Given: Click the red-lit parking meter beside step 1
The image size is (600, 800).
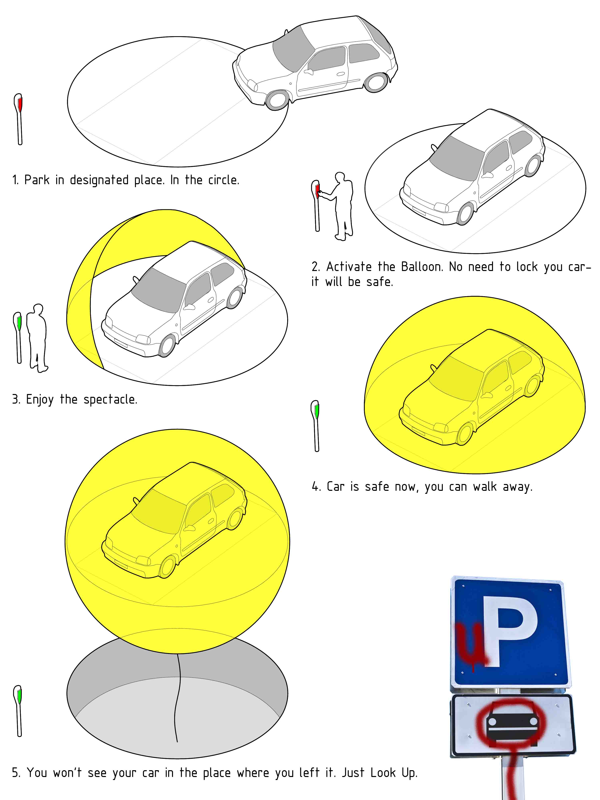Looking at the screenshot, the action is click(19, 119).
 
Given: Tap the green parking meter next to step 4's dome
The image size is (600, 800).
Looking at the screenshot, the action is click(315, 426).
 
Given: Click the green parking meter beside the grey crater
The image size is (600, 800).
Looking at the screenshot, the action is click(18, 711).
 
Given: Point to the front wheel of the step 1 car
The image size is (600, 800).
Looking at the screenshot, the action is click(277, 99).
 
